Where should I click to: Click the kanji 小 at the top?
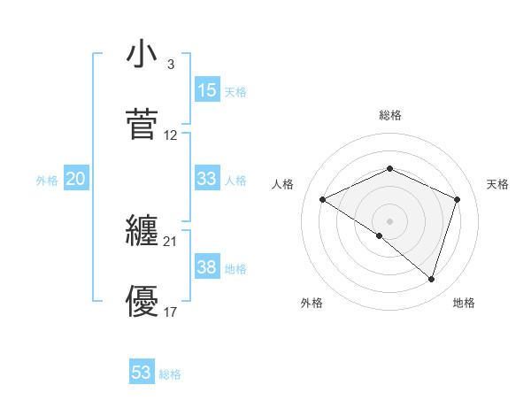click(x=142, y=55)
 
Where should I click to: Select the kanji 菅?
click(x=142, y=124)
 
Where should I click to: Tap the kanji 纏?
click(x=142, y=232)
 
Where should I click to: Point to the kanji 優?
click(x=142, y=302)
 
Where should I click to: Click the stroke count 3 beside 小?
click(x=170, y=65)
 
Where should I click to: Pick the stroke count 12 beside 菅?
click(x=171, y=135)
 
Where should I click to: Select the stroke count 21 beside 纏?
click(x=171, y=242)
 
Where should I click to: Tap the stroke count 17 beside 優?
click(x=171, y=312)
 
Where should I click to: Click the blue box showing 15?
click(x=207, y=90)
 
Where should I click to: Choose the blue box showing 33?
click(x=207, y=178)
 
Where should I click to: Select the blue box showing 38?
click(x=207, y=267)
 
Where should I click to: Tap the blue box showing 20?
click(x=76, y=179)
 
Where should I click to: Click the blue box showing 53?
click(x=142, y=373)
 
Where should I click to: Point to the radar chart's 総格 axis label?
click(x=390, y=115)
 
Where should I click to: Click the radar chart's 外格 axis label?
click(x=312, y=303)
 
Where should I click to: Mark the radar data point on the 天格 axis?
click(x=458, y=200)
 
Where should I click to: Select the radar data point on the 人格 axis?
click(x=323, y=200)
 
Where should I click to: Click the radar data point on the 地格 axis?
click(x=431, y=279)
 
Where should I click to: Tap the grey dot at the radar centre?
click(x=390, y=220)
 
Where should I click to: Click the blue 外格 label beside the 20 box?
click(x=47, y=180)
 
